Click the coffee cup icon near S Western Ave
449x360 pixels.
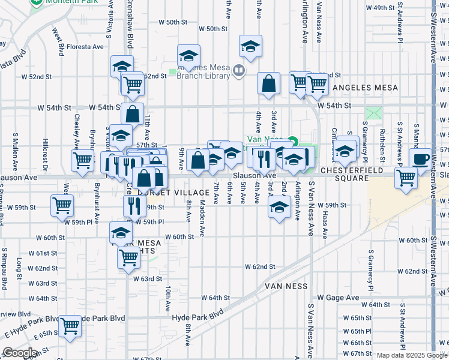[421, 158]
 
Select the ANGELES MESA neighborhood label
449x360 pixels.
[365, 88]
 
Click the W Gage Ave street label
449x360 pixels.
[339, 298]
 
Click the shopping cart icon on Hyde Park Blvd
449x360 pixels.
[70, 325]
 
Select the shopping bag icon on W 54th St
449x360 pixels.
[132, 113]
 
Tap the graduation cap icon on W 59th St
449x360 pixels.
[278, 208]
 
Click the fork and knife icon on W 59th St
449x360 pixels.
[134, 206]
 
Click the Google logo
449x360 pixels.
[20, 353]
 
